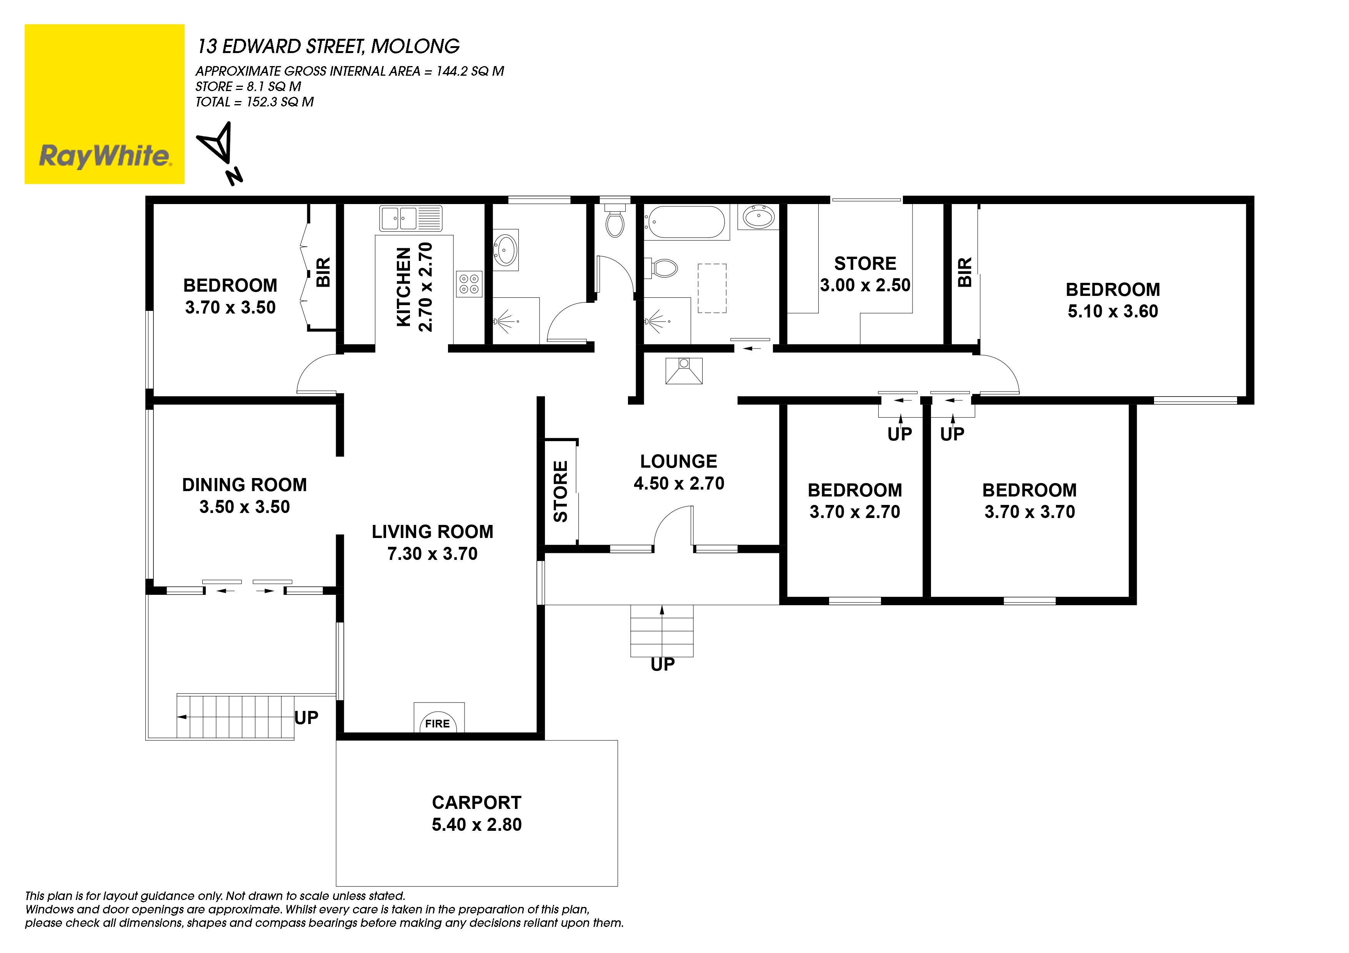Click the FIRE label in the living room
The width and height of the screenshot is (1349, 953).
coord(438,724)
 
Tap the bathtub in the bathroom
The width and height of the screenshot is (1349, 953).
coord(686,222)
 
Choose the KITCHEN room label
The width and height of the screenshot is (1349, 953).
coord(404,287)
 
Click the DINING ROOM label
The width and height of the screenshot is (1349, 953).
coord(245,485)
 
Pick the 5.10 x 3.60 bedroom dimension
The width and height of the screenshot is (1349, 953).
coord(1113,311)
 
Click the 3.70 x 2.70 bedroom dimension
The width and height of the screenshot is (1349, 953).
coord(855,512)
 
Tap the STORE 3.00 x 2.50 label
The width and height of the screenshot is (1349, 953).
coord(866,274)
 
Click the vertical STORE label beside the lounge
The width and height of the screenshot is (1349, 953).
coord(561,491)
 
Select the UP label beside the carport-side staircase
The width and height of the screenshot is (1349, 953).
coord(306,717)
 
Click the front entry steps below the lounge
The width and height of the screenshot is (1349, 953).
coord(662,631)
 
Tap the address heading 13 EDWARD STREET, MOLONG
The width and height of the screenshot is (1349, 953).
coord(328,46)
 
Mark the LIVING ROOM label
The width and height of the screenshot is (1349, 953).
coord(433,531)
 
